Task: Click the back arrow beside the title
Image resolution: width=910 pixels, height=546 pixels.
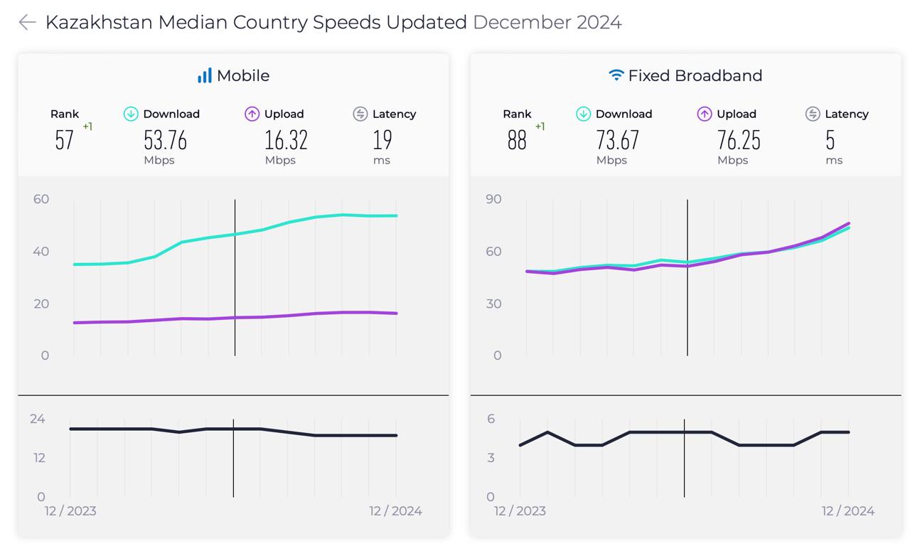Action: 28,22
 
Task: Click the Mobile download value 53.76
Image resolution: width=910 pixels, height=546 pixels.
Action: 166,140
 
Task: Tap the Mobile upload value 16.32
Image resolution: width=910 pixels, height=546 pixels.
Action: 286,140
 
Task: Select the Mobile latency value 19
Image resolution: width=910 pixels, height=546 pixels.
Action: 382,140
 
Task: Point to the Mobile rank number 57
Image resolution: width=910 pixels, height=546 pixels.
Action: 64,140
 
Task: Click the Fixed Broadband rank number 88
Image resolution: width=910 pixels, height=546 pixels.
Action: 517,140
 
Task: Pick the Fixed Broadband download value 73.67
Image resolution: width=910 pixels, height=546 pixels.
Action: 618,140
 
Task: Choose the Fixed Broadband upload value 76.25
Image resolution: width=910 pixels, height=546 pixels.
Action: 739,140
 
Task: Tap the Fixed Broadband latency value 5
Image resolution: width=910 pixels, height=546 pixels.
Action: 830,140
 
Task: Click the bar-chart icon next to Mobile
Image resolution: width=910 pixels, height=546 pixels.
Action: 205,75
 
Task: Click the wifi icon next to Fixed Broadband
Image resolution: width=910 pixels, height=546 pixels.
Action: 616,75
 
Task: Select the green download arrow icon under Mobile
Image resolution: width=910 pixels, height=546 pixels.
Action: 131,114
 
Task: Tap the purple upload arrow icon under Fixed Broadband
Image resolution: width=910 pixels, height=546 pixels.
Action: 705,114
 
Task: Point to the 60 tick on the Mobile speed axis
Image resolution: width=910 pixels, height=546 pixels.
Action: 41,199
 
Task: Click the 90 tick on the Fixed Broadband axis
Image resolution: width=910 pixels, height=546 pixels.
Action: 493,199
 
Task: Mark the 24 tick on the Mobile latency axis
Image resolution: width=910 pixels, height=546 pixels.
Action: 38,419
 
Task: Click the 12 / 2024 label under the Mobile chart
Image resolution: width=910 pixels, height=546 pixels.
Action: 395,511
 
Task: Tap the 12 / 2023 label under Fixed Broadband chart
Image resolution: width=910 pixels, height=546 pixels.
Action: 520,511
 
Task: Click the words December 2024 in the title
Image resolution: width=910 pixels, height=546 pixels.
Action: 547,22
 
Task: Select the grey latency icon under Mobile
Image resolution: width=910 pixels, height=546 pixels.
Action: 360,114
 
